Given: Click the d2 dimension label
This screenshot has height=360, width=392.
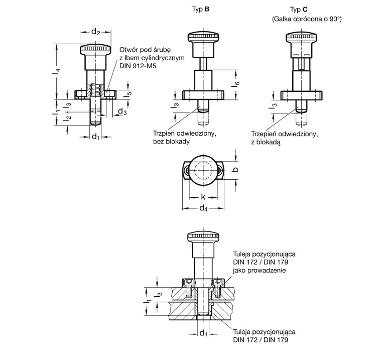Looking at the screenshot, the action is (x=95, y=32).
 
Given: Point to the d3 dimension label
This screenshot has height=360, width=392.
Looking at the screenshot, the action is (x=122, y=111).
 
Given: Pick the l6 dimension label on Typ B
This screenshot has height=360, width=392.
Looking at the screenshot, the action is (x=236, y=83).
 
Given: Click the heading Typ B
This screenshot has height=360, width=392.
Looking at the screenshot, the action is (x=201, y=10).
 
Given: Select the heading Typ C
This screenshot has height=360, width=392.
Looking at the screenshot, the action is (x=299, y=10).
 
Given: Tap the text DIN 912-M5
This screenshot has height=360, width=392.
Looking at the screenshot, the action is (x=138, y=66).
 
